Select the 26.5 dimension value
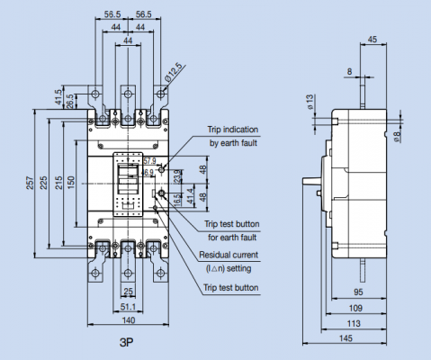(x=70, y=98)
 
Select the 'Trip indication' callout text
(x=235, y=130)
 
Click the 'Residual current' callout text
(x=232, y=255)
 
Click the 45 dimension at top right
(x=372, y=39)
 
